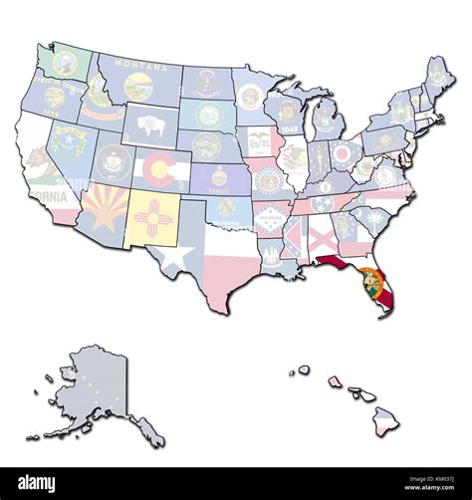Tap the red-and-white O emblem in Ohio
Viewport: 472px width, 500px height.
343,152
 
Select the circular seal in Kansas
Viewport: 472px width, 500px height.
219,177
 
